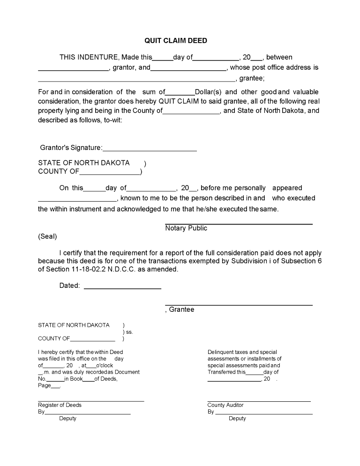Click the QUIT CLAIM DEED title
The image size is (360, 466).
176,41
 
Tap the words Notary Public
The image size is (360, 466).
186,228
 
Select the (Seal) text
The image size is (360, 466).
47,237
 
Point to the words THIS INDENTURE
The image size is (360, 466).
89,58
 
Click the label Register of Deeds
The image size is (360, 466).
60,405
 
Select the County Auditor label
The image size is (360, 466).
225,405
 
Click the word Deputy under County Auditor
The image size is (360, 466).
237,419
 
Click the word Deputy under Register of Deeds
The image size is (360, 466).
67,419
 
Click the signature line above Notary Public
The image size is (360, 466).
239,224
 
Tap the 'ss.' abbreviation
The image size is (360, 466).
130,332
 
